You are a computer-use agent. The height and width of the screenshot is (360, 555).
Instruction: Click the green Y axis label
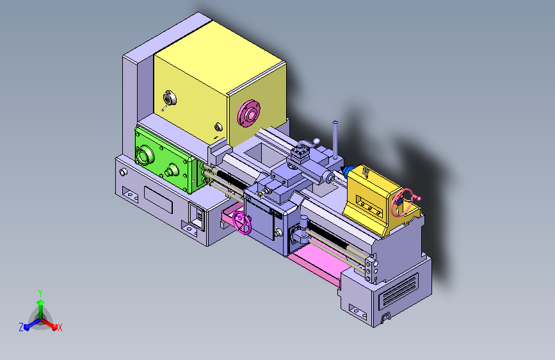coord(40,292)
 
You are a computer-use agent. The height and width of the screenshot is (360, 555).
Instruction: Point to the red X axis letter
coord(60,327)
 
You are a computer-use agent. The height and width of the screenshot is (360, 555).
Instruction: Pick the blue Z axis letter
coord(21,327)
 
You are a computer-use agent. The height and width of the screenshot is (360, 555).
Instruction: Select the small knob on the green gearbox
coord(171,171)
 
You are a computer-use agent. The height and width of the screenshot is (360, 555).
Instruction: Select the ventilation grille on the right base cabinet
coord(398,290)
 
